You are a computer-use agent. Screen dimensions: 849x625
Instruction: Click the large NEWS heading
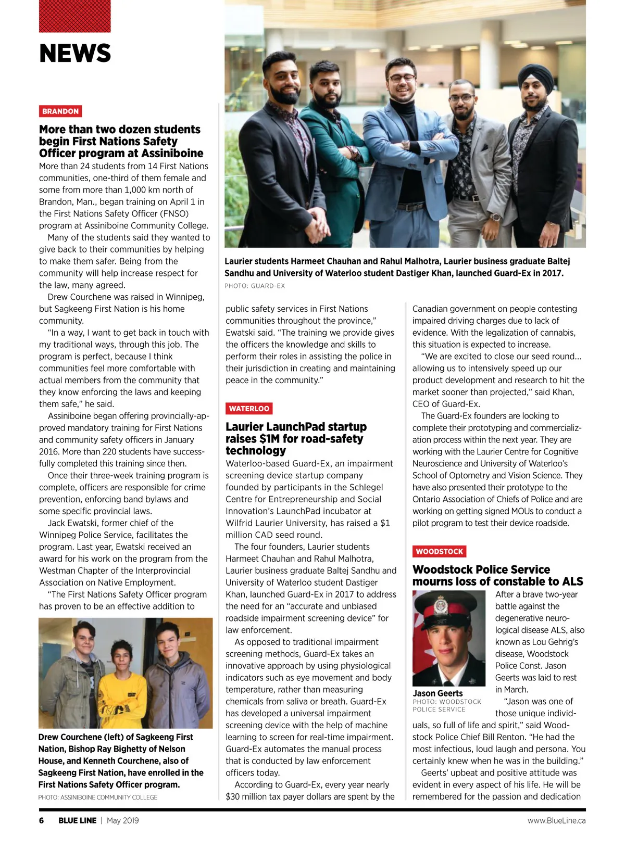[x=75, y=53]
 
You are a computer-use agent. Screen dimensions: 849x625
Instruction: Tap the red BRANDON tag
[x=60, y=111]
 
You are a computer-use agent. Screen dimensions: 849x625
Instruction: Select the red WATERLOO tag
[x=249, y=409]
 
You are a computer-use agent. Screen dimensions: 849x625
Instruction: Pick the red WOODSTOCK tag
[x=439, y=551]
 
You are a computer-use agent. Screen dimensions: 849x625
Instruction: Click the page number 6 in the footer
[x=42, y=820]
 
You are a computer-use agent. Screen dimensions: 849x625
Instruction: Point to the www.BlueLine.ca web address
[x=556, y=820]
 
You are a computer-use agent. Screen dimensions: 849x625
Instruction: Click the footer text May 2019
[x=123, y=820]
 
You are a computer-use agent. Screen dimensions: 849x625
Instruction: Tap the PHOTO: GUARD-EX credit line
[x=255, y=286]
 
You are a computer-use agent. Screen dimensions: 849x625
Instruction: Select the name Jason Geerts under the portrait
[x=438, y=693]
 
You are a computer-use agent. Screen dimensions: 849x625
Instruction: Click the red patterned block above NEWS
[x=75, y=16]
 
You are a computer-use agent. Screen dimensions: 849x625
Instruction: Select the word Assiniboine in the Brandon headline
[x=171, y=154]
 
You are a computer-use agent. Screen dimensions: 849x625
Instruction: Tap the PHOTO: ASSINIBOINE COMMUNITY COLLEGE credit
[x=98, y=797]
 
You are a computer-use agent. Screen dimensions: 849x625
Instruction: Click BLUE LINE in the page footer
[x=77, y=820]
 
